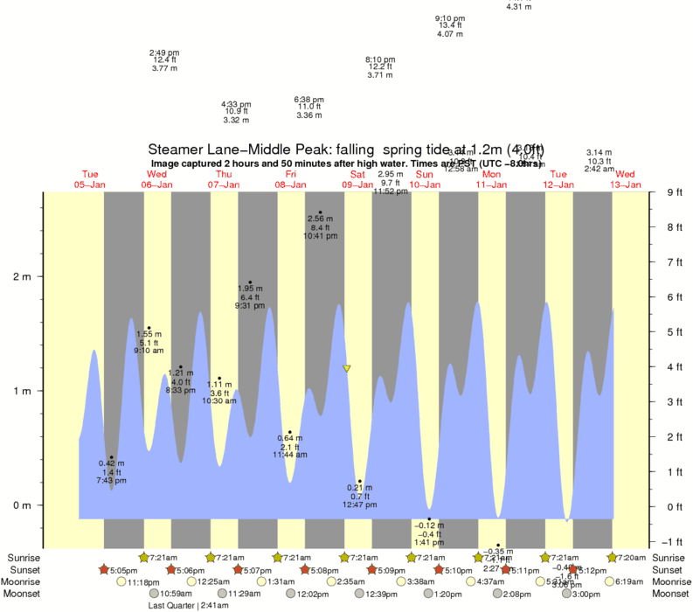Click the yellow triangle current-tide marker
pyautogui.click(x=347, y=369)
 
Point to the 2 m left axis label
pyautogui.click(x=19, y=277)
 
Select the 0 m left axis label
pyautogui.click(x=19, y=505)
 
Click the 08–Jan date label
pyautogui.click(x=290, y=184)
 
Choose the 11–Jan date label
pyautogui.click(x=491, y=184)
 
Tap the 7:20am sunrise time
pyautogui.click(x=630, y=557)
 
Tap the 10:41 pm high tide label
pyautogui.click(x=321, y=236)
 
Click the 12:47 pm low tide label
pyautogui.click(x=359, y=504)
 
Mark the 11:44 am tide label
pyautogui.click(x=289, y=455)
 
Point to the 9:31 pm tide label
pyautogui.click(x=251, y=305)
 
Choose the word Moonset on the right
pyautogui.click(x=668, y=594)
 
